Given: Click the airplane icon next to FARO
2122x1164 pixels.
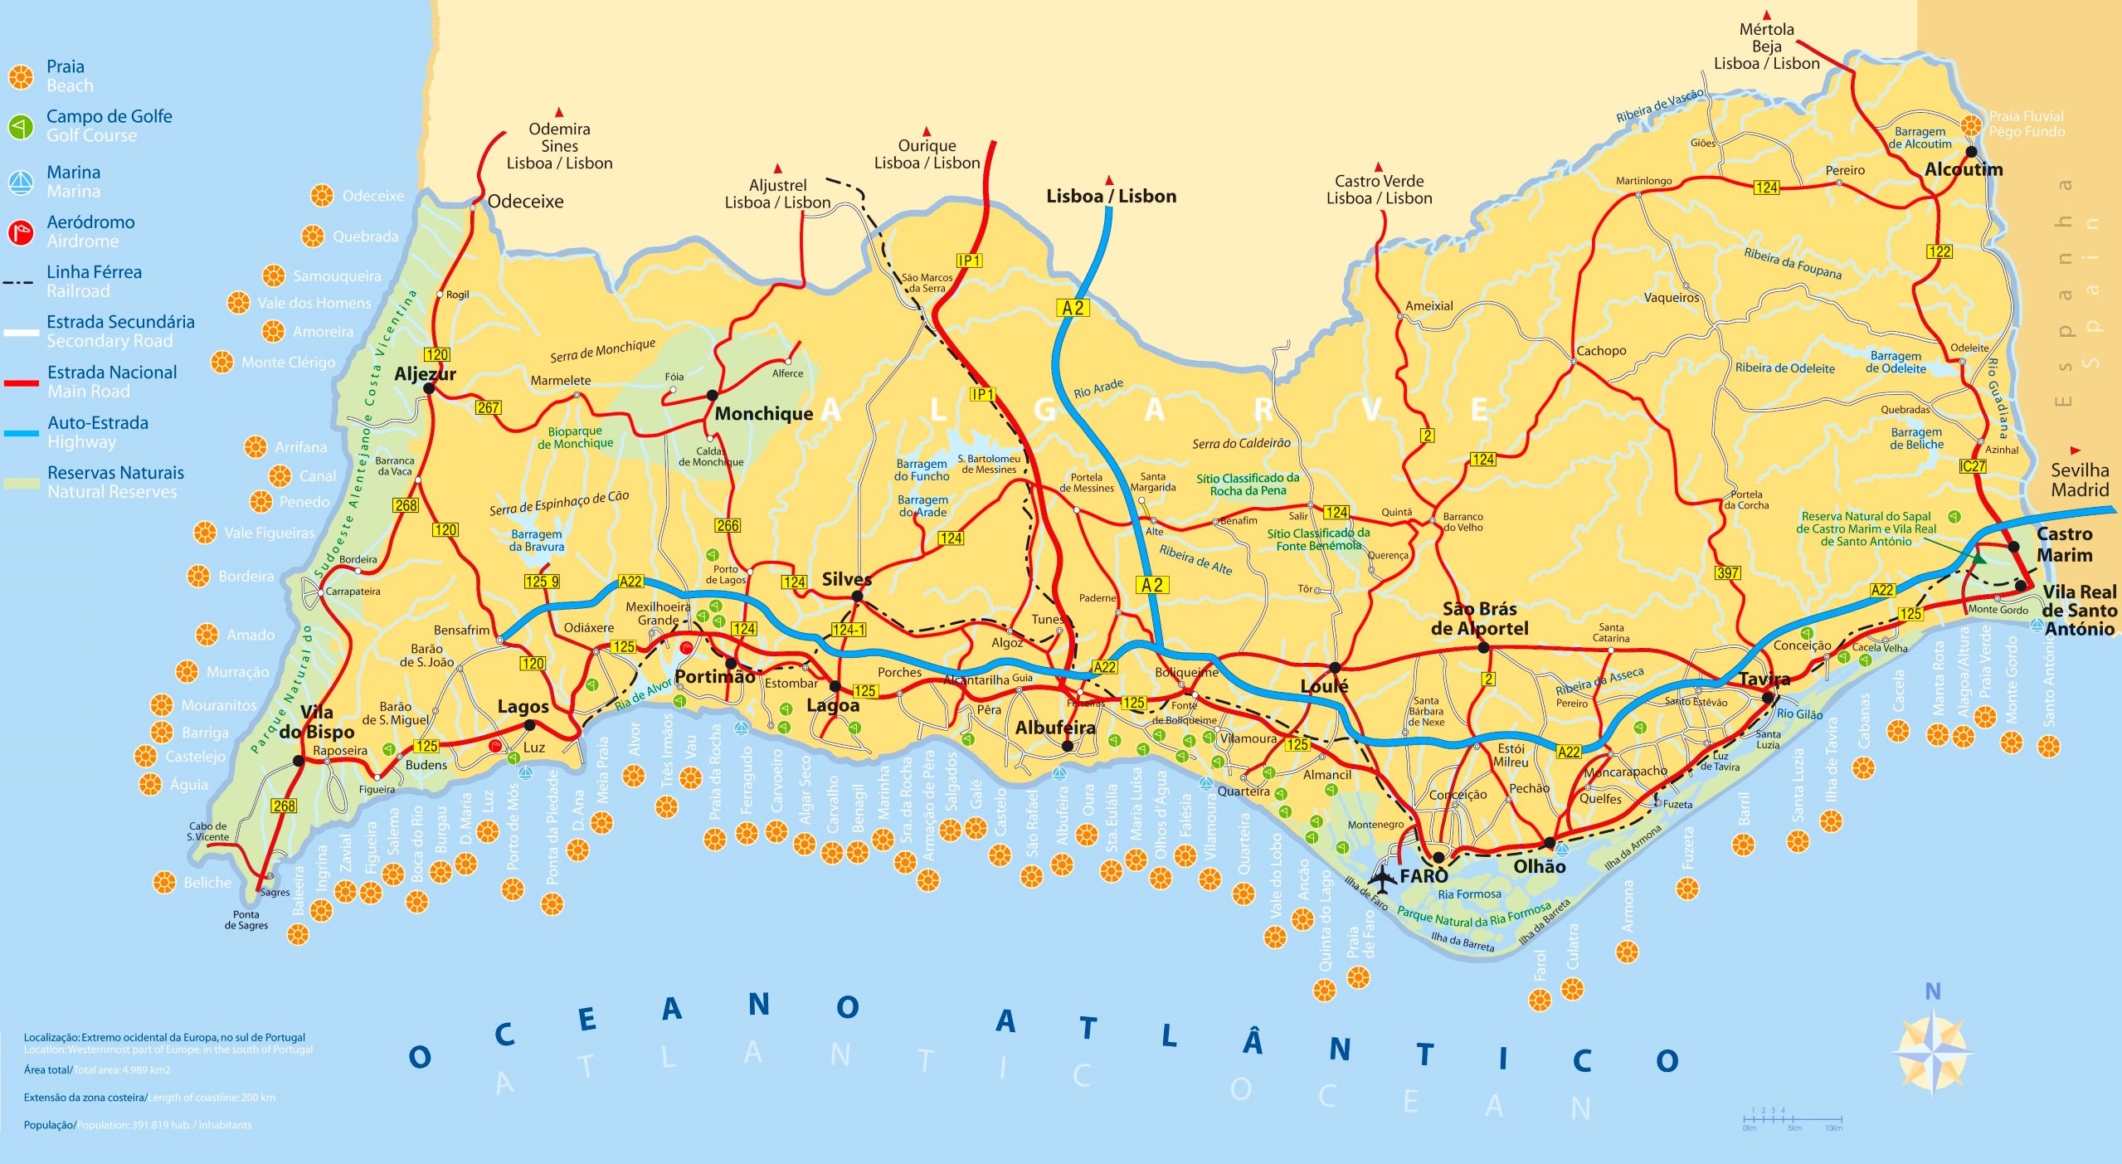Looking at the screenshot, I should (x=1381, y=875).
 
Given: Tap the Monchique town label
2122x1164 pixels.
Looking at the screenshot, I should (x=763, y=413).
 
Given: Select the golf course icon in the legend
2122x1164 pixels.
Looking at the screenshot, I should (x=20, y=126).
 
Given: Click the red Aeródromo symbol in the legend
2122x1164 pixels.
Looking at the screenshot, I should (x=20, y=232).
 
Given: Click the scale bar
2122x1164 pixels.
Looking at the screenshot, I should (x=1792, y=1119).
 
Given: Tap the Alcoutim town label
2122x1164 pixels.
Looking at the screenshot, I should (x=1963, y=170).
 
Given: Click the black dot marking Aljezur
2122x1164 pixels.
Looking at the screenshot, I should (x=429, y=387).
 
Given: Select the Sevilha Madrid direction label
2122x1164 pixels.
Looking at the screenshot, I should (x=2079, y=480).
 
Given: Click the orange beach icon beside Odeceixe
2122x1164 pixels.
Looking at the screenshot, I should (x=322, y=196).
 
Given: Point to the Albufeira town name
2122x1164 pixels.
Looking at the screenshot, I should (x=1054, y=728).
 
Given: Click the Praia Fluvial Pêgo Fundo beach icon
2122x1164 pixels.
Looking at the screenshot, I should (x=1972, y=125).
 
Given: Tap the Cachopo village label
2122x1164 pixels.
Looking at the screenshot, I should (x=1601, y=351).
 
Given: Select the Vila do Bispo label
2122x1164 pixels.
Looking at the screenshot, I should (x=316, y=722).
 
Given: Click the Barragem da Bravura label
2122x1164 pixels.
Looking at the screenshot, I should (x=536, y=540).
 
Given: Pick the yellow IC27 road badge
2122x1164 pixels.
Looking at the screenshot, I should (x=1972, y=466).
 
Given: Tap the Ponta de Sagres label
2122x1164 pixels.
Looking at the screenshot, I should (x=246, y=919).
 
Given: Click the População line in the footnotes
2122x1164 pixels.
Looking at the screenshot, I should (x=137, y=1125).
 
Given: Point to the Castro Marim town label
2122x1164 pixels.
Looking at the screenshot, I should (x=2064, y=544).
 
